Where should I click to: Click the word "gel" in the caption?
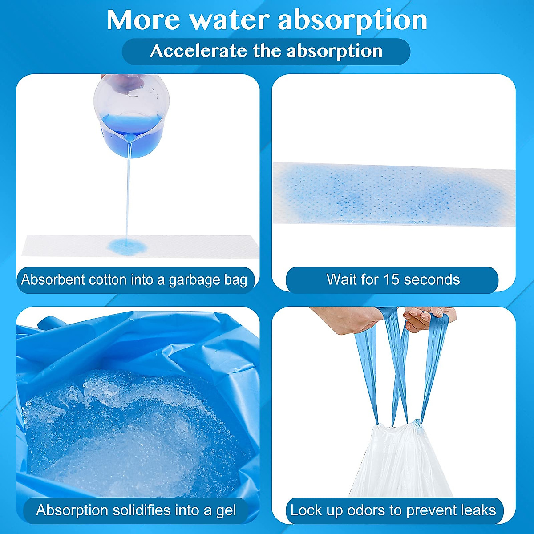click(x=225, y=510)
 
